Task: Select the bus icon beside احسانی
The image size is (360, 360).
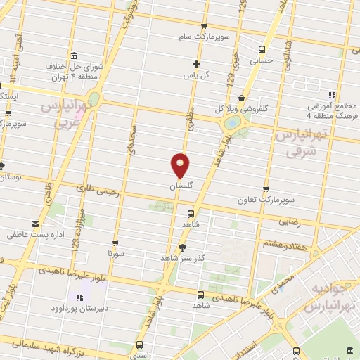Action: click(262, 49)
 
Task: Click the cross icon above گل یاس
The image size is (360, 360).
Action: click(197, 64)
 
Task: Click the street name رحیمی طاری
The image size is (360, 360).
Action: click(94, 189)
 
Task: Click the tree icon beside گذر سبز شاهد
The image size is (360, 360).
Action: click(183, 247)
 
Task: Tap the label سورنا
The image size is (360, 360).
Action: click(116, 251)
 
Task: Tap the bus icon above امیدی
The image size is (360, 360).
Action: click(139, 345)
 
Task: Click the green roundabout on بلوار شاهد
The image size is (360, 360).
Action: click(231, 124)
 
